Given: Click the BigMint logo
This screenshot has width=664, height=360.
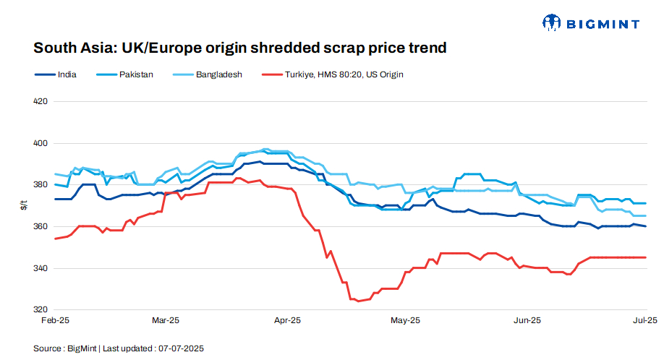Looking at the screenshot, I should pos(591,23).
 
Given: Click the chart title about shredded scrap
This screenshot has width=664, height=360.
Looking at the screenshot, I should pos(239,48).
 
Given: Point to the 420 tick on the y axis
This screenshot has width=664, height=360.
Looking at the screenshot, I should pos(41,101).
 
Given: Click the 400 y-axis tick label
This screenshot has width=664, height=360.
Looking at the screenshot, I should pos(41,143).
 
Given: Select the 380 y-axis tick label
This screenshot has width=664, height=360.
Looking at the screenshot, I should pos(41,185).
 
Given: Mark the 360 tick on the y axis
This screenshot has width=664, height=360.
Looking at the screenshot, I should pos(41,227).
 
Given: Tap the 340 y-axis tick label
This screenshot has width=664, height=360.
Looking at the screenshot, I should pos(41,269).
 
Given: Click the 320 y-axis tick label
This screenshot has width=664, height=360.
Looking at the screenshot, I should pos(41,310).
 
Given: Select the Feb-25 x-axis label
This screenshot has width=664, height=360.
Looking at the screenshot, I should pos(55,320).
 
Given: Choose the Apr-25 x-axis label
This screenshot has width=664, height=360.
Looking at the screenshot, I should pos(288,320).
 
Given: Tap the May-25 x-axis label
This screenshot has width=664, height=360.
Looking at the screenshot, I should pos(405,320).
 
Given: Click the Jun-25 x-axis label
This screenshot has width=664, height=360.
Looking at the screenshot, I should pos(527,320).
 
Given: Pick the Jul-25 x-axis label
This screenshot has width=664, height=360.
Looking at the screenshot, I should pos(644,320).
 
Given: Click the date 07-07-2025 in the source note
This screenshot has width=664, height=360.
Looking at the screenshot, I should pos(182,348).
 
